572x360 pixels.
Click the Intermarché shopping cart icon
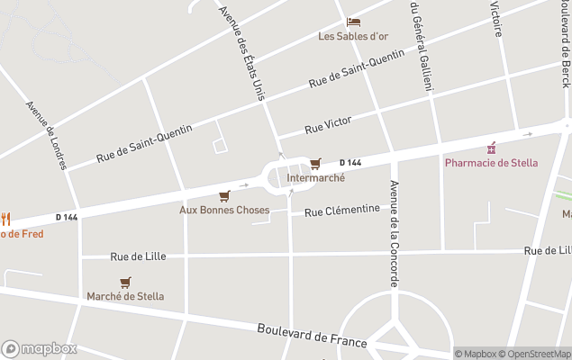tap(314, 164)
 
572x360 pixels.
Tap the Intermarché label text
tap(315, 178)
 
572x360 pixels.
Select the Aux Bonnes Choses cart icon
tap(224, 196)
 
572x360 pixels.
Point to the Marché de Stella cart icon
tap(125, 283)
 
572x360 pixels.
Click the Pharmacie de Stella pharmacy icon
tap(491, 148)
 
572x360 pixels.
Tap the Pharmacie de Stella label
tap(491, 163)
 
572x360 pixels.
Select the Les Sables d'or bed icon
tap(353, 22)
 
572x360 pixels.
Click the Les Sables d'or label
tap(353, 36)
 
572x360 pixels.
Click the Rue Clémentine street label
tap(341, 211)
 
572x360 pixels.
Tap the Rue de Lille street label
tap(138, 256)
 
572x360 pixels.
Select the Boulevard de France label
tap(312, 335)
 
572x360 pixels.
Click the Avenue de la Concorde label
tap(394, 234)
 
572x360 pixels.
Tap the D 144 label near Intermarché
tap(350, 163)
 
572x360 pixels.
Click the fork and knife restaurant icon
tap(5, 218)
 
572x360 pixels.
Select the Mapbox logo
tap(39, 348)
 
